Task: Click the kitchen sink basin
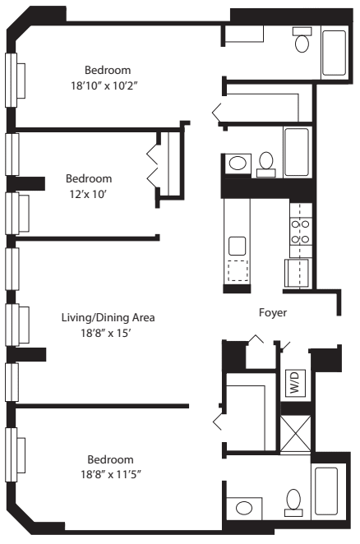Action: [238, 245]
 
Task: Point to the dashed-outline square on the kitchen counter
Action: [238, 270]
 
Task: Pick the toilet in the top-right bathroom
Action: [302, 41]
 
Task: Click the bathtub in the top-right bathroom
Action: [335, 53]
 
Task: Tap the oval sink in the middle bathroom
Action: [238, 164]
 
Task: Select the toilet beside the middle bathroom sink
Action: [265, 163]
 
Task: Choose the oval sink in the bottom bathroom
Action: [244, 509]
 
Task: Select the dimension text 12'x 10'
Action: [89, 193]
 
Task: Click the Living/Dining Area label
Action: [108, 317]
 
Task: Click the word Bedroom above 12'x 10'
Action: [89, 178]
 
